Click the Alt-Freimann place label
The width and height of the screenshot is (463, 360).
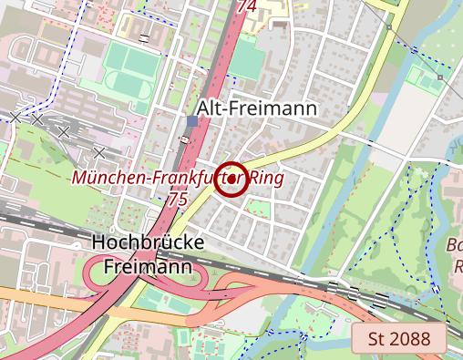tap(256, 108)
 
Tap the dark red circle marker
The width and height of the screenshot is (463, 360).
tap(233, 179)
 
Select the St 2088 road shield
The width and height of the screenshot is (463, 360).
tap(398, 340)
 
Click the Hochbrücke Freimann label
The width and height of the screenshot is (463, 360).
tap(148, 254)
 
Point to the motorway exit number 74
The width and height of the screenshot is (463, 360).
tap(246, 6)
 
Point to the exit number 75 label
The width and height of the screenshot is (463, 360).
tap(178, 198)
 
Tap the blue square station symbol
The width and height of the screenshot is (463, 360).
tap(191, 120)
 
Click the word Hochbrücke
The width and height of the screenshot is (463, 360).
tap(148, 243)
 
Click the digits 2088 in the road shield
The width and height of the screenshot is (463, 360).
tap(409, 340)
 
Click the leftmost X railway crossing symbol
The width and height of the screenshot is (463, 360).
tap(15, 117)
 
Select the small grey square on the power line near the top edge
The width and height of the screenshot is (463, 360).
tap(389, 28)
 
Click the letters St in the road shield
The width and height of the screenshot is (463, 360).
tap(376, 340)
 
